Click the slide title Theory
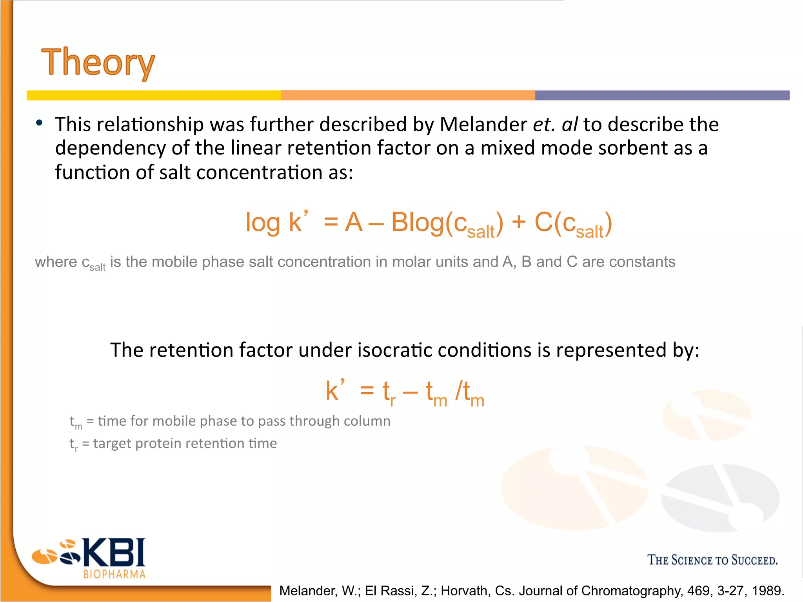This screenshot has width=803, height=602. (x=98, y=63)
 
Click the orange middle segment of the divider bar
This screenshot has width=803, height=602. (x=408, y=95)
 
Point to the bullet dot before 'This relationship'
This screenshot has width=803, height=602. (x=39, y=123)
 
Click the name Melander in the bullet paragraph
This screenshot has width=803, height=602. (x=483, y=125)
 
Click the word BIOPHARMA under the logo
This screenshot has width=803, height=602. (x=114, y=574)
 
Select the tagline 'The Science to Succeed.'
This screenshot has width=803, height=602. (x=712, y=560)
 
